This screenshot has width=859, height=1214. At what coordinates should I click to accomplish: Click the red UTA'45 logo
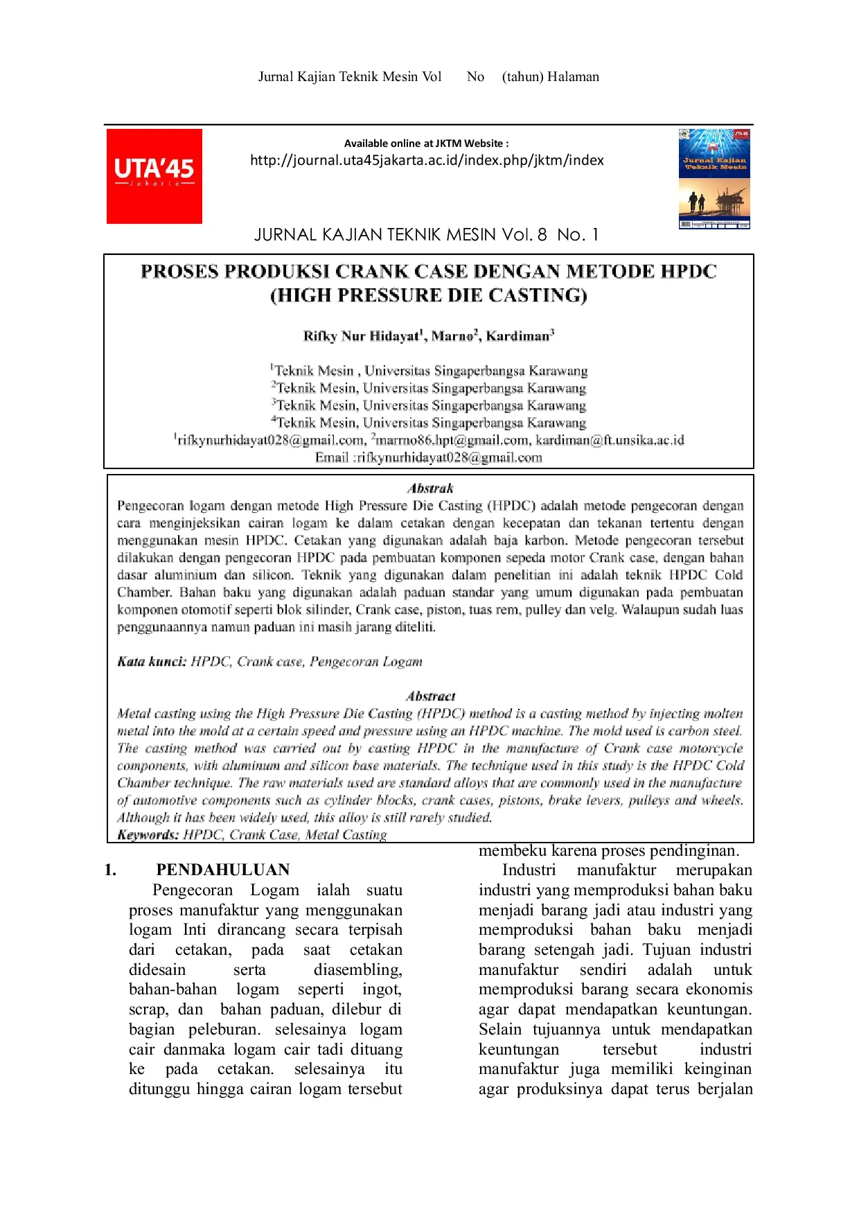(x=154, y=176)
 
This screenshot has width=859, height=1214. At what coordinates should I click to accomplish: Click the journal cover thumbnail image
(x=714, y=178)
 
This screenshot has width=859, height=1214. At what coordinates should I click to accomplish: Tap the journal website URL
(x=427, y=160)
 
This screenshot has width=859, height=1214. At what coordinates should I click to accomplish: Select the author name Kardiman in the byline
(x=517, y=336)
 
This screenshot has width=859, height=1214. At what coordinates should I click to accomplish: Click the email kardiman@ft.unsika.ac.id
(x=610, y=440)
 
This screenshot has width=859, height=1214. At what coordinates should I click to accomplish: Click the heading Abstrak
(x=430, y=489)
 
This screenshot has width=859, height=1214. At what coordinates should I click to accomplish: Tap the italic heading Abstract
(x=430, y=696)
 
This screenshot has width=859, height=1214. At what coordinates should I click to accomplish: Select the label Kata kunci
(x=151, y=662)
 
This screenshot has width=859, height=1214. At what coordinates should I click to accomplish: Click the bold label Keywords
(x=148, y=835)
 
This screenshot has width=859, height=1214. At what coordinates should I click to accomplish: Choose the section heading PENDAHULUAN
(x=222, y=870)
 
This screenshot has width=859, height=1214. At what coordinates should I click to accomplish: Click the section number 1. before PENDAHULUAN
(x=110, y=870)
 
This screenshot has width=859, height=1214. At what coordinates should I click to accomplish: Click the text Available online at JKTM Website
(x=426, y=143)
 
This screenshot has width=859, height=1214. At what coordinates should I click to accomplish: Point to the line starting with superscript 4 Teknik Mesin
(x=429, y=423)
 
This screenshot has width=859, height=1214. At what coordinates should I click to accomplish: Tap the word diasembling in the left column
(x=357, y=970)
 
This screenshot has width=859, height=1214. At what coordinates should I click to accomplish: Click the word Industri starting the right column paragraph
(x=529, y=870)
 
